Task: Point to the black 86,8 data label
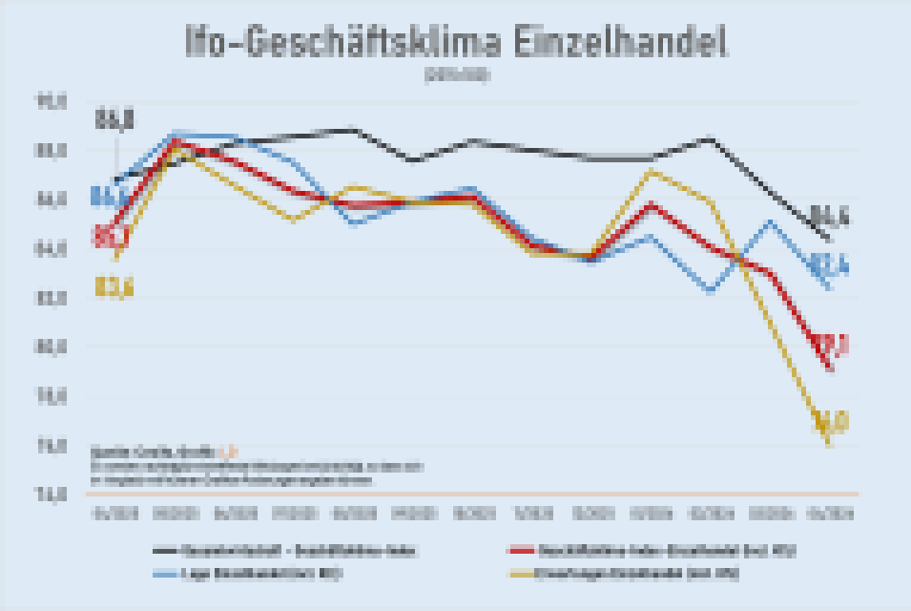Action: click(x=114, y=120)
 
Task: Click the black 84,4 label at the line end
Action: click(x=830, y=218)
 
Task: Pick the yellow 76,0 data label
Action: click(x=830, y=421)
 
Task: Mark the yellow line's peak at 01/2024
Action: click(x=651, y=172)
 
